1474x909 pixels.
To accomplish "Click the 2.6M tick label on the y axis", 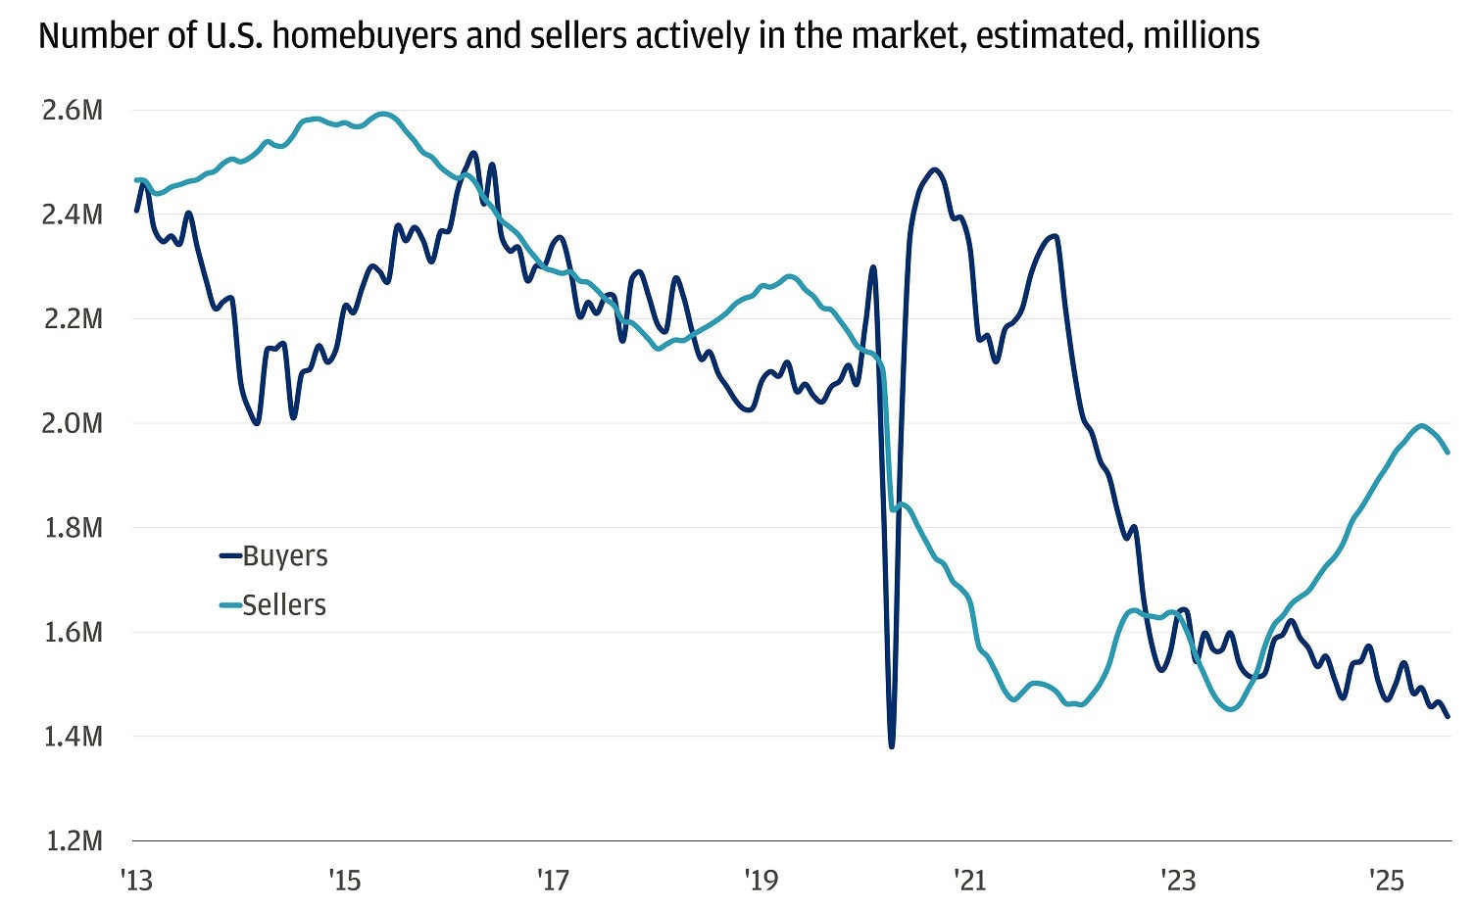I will (72, 110).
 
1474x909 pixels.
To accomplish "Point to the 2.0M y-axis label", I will (72, 423).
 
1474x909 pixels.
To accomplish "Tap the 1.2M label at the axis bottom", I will (72, 840).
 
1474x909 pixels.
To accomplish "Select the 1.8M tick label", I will (72, 527).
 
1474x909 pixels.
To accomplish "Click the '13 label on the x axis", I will (137, 881).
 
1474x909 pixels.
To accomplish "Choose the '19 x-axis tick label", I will (762, 881).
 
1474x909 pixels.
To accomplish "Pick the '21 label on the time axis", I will (969, 881).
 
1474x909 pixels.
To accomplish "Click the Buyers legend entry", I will (284, 555).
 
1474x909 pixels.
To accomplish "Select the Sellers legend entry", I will (283, 604).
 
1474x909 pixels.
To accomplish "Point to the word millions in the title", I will (1201, 36).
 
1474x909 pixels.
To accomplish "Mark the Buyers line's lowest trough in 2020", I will (891, 746).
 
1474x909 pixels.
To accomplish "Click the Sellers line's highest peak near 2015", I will (384, 114).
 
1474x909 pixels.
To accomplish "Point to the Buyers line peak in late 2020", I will (933, 170).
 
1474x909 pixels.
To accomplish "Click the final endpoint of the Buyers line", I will (1448, 716).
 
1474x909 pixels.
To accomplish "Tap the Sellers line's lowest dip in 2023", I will (1232, 708).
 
